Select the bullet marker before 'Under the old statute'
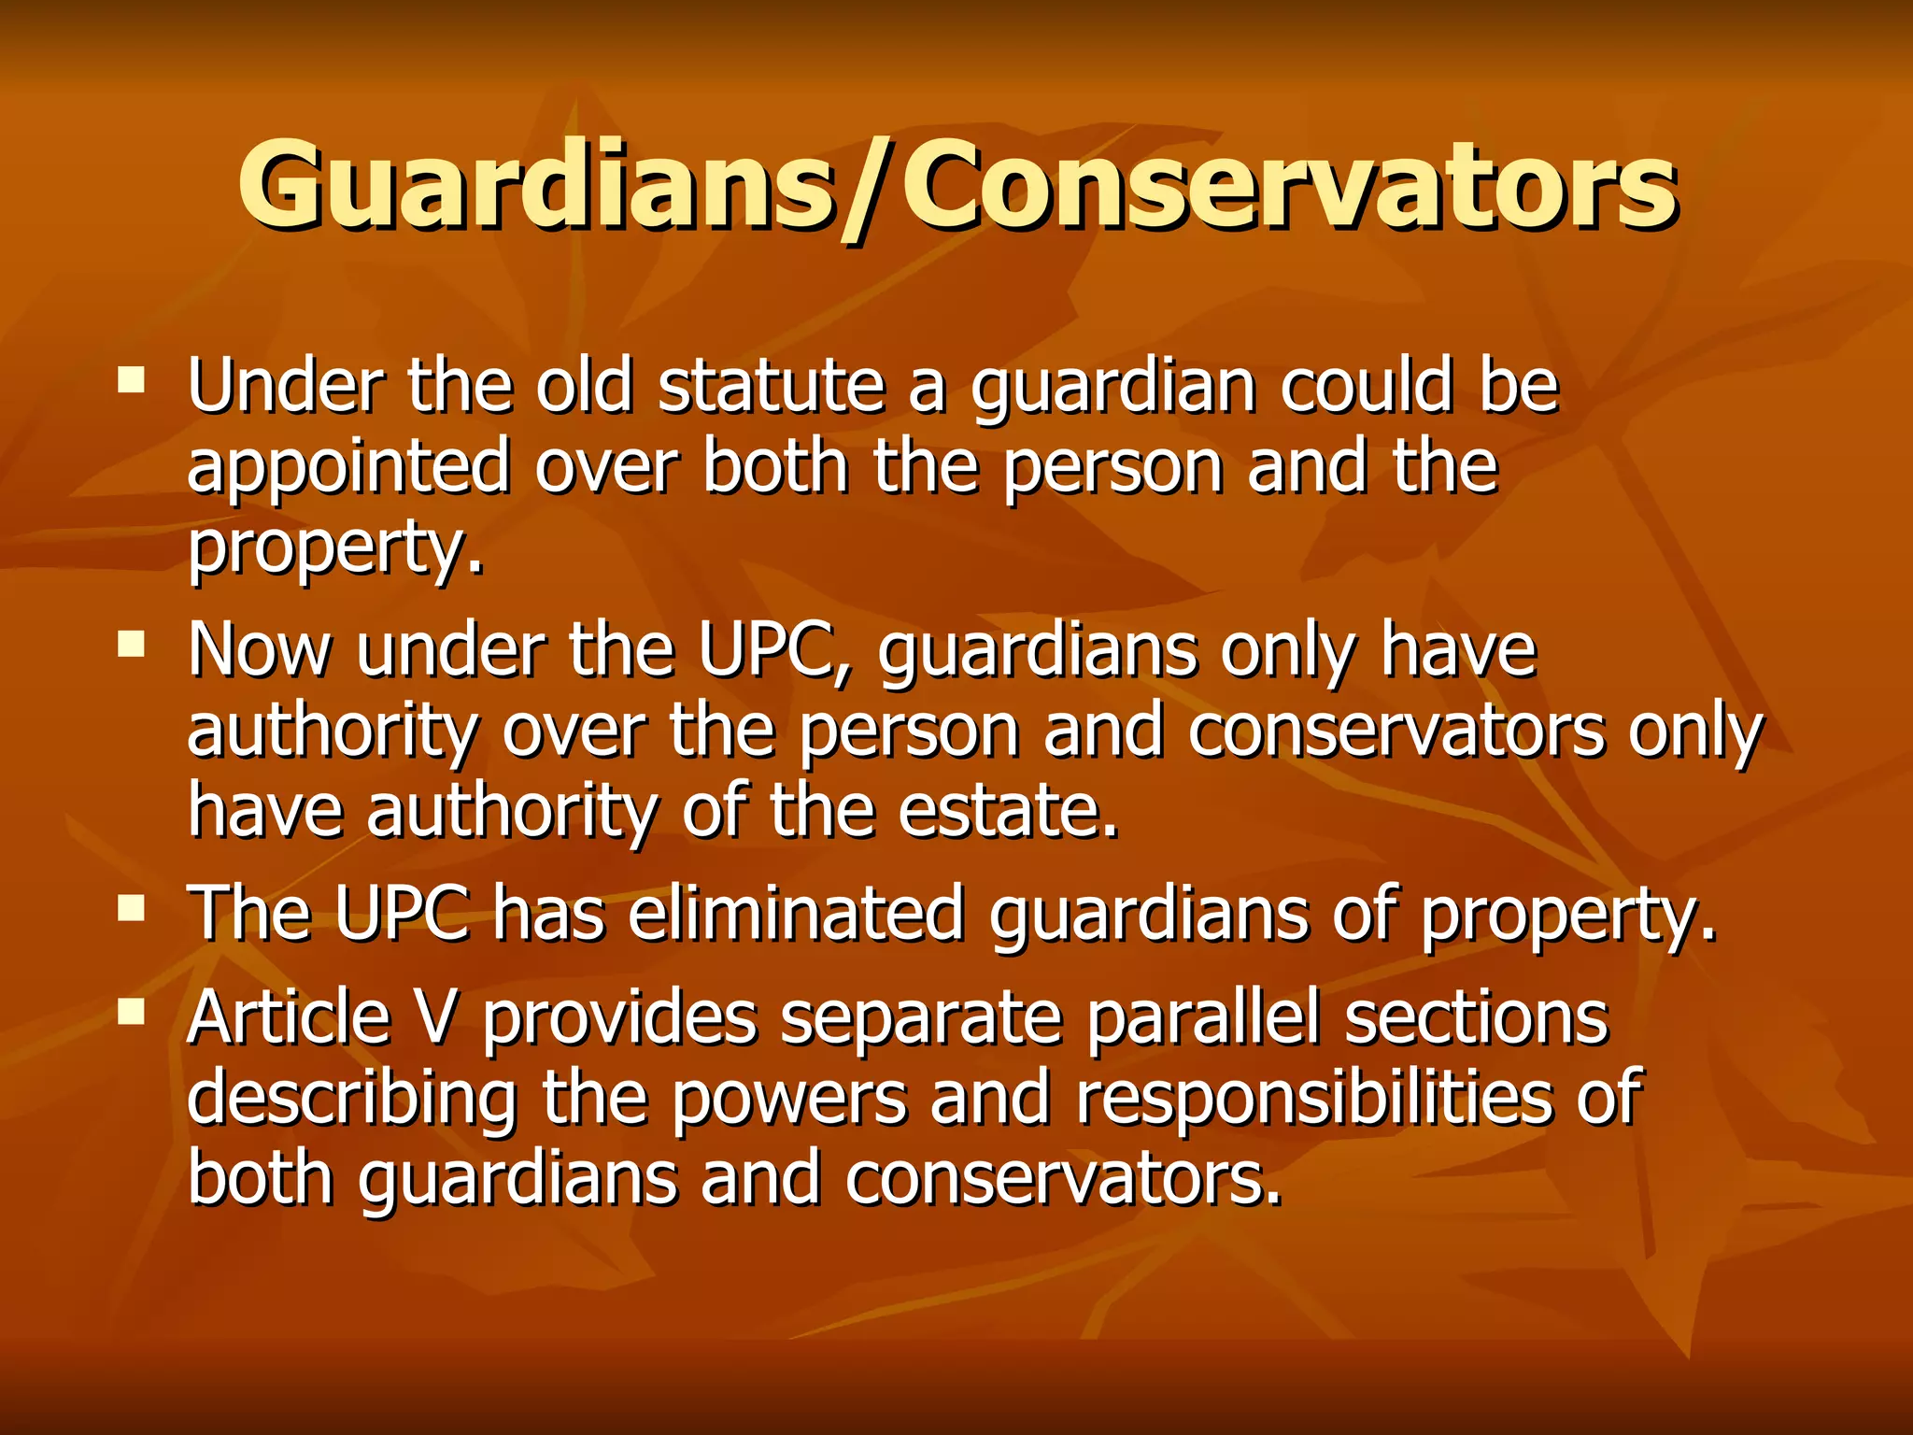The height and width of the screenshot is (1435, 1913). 132,378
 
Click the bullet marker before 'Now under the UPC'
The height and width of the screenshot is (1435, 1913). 132,643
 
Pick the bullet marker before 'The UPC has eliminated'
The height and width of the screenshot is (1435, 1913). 132,907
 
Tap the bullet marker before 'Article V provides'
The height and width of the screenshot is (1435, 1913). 132,1010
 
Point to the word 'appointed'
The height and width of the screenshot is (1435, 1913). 348,467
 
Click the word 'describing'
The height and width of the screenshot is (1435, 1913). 352,1098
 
